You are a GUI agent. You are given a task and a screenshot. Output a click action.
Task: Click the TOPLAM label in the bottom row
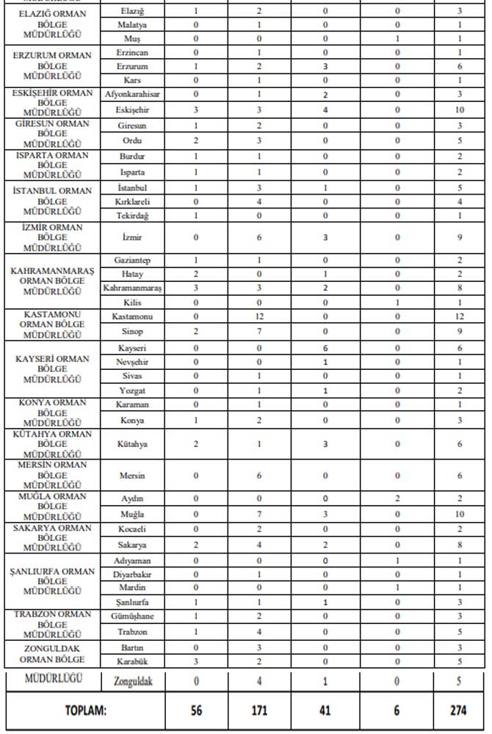(86, 711)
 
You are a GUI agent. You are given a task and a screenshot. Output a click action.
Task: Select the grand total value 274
(459, 711)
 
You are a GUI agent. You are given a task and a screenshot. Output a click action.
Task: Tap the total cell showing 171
(258, 711)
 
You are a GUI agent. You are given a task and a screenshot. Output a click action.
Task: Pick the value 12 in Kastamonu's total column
(459, 316)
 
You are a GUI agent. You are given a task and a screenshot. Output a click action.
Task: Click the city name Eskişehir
(132, 109)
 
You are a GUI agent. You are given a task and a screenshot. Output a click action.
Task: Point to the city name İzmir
(132, 238)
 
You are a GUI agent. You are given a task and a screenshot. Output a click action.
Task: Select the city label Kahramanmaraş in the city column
(132, 288)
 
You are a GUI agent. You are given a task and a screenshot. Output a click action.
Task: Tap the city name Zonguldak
(132, 680)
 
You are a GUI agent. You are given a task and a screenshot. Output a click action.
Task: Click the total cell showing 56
(196, 711)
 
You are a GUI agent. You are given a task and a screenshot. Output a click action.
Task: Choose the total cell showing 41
(325, 711)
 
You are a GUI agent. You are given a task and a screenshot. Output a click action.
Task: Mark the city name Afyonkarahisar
(132, 94)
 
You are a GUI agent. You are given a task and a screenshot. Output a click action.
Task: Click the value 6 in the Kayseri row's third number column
(325, 348)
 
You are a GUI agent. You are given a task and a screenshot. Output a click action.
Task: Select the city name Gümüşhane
(132, 617)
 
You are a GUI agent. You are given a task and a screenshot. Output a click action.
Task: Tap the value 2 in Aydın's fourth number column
(397, 498)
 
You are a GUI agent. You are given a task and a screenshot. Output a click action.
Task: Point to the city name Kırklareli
(132, 201)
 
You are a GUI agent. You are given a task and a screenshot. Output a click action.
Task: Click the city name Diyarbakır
(132, 574)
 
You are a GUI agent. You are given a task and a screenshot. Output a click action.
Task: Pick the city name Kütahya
(132, 445)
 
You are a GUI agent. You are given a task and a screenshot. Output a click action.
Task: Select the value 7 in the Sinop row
(258, 332)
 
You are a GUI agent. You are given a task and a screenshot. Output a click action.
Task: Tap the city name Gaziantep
(132, 261)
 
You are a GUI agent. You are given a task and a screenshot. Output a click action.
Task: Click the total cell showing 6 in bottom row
(397, 711)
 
